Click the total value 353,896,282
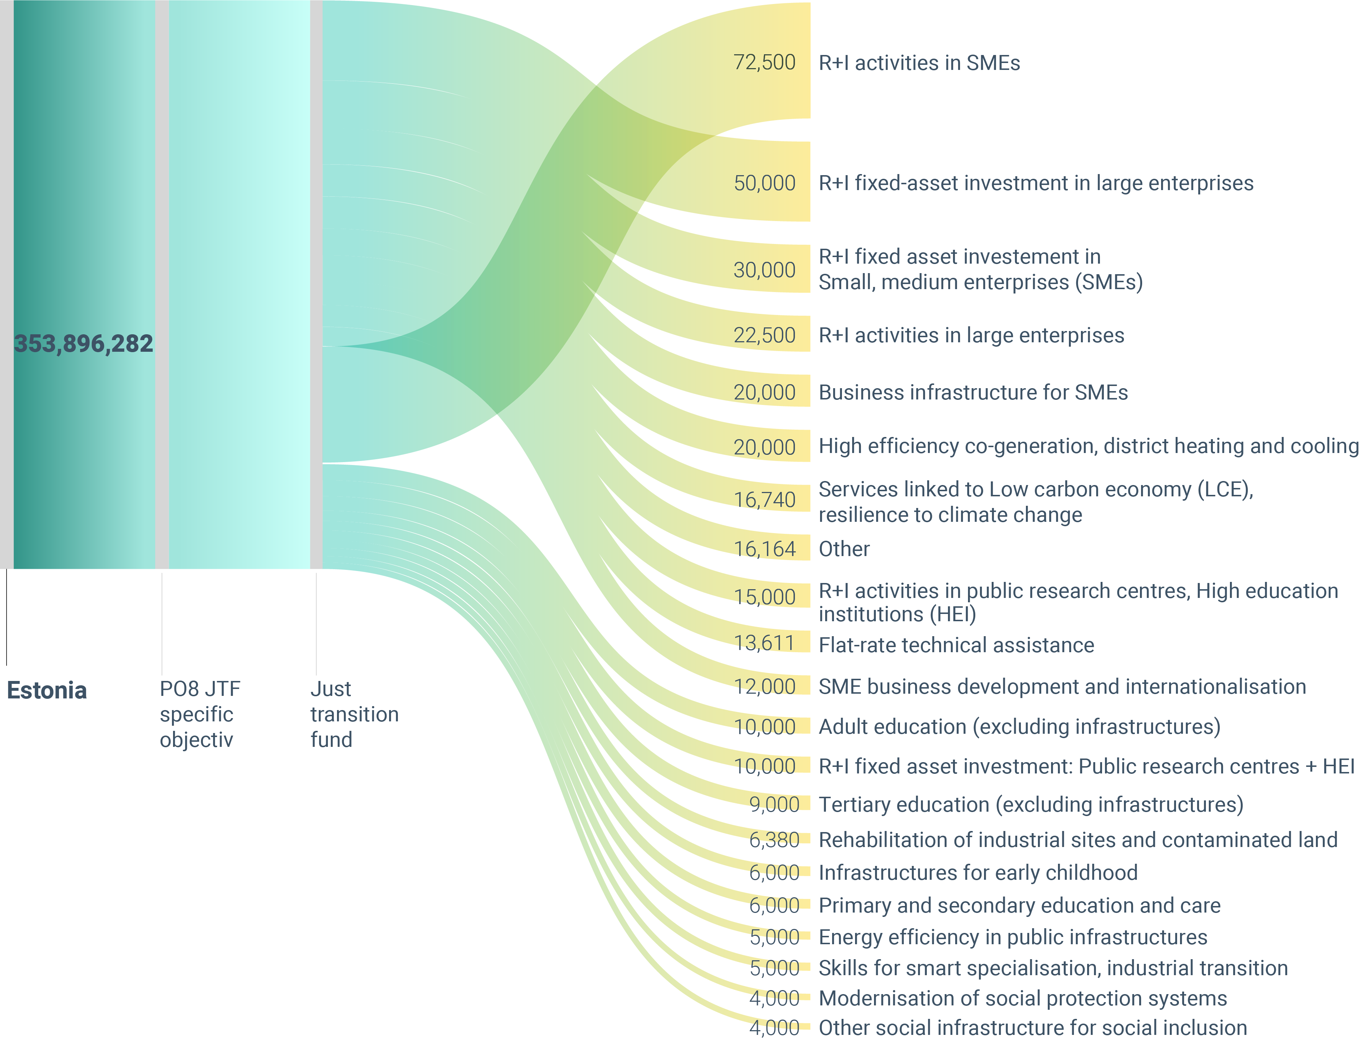pyautogui.click(x=83, y=344)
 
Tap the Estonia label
pyautogui.click(x=47, y=690)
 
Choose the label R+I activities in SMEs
pyautogui.click(x=919, y=63)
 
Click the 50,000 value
pyautogui.click(x=765, y=183)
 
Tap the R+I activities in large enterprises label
pyautogui.click(x=972, y=336)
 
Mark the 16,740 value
pyautogui.click(x=765, y=500)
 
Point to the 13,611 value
pyautogui.click(x=765, y=643)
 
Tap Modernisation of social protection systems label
pyautogui.click(x=1023, y=998)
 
